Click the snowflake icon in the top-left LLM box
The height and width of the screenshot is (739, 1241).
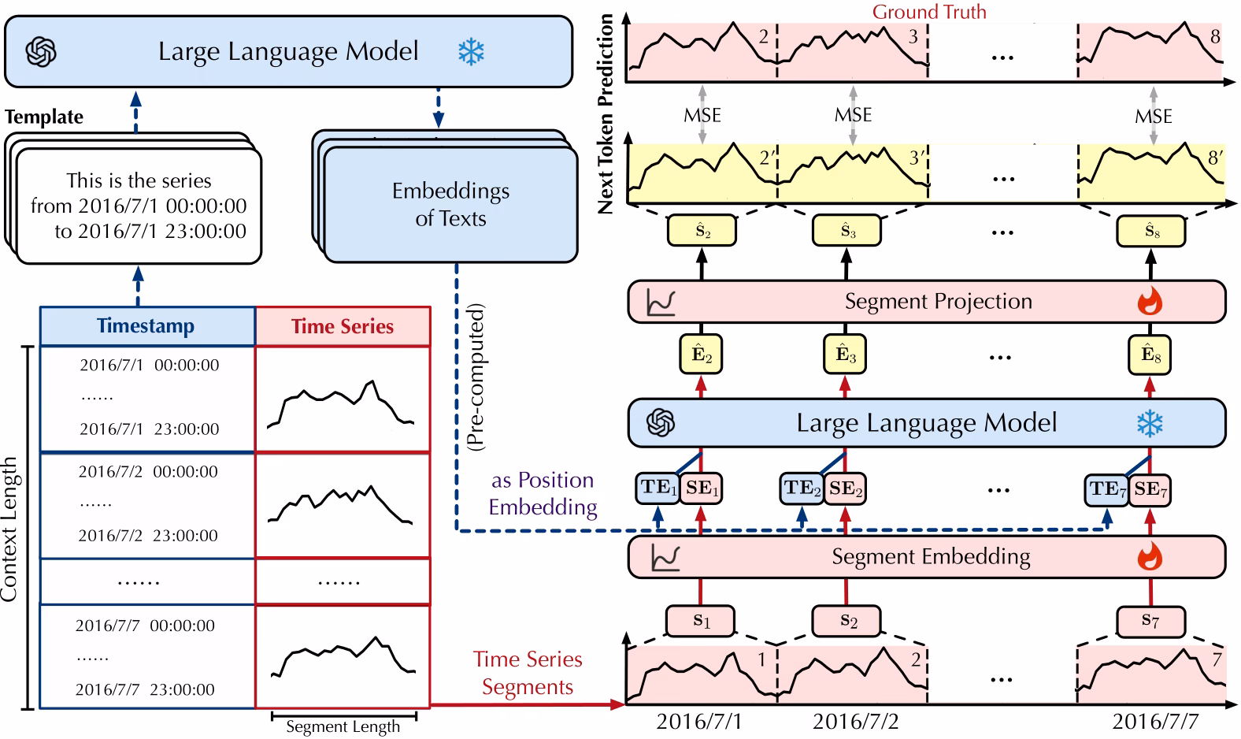click(471, 52)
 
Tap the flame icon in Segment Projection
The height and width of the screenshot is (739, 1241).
click(1150, 301)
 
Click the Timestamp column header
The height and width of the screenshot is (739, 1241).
click(146, 326)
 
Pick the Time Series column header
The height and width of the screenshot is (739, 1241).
click(343, 326)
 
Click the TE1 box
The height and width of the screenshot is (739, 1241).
click(658, 488)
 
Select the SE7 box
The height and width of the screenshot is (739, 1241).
click(1150, 489)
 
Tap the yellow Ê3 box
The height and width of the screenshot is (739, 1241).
click(846, 355)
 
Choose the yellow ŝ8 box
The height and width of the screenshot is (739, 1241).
click(1151, 232)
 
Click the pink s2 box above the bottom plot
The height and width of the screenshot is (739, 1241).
click(847, 621)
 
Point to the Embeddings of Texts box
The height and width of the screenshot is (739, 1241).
click(450, 205)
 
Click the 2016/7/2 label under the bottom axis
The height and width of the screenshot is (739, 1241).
click(855, 721)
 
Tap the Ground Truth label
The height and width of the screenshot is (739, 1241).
click(928, 12)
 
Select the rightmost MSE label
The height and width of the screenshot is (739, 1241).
click(1153, 117)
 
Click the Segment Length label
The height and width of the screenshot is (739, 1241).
click(343, 726)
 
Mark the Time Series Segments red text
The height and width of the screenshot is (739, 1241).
click(528, 673)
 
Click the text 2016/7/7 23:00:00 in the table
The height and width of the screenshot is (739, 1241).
click(145, 689)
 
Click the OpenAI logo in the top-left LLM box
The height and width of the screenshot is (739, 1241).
click(41, 52)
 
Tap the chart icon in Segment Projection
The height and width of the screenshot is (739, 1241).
click(660, 302)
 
